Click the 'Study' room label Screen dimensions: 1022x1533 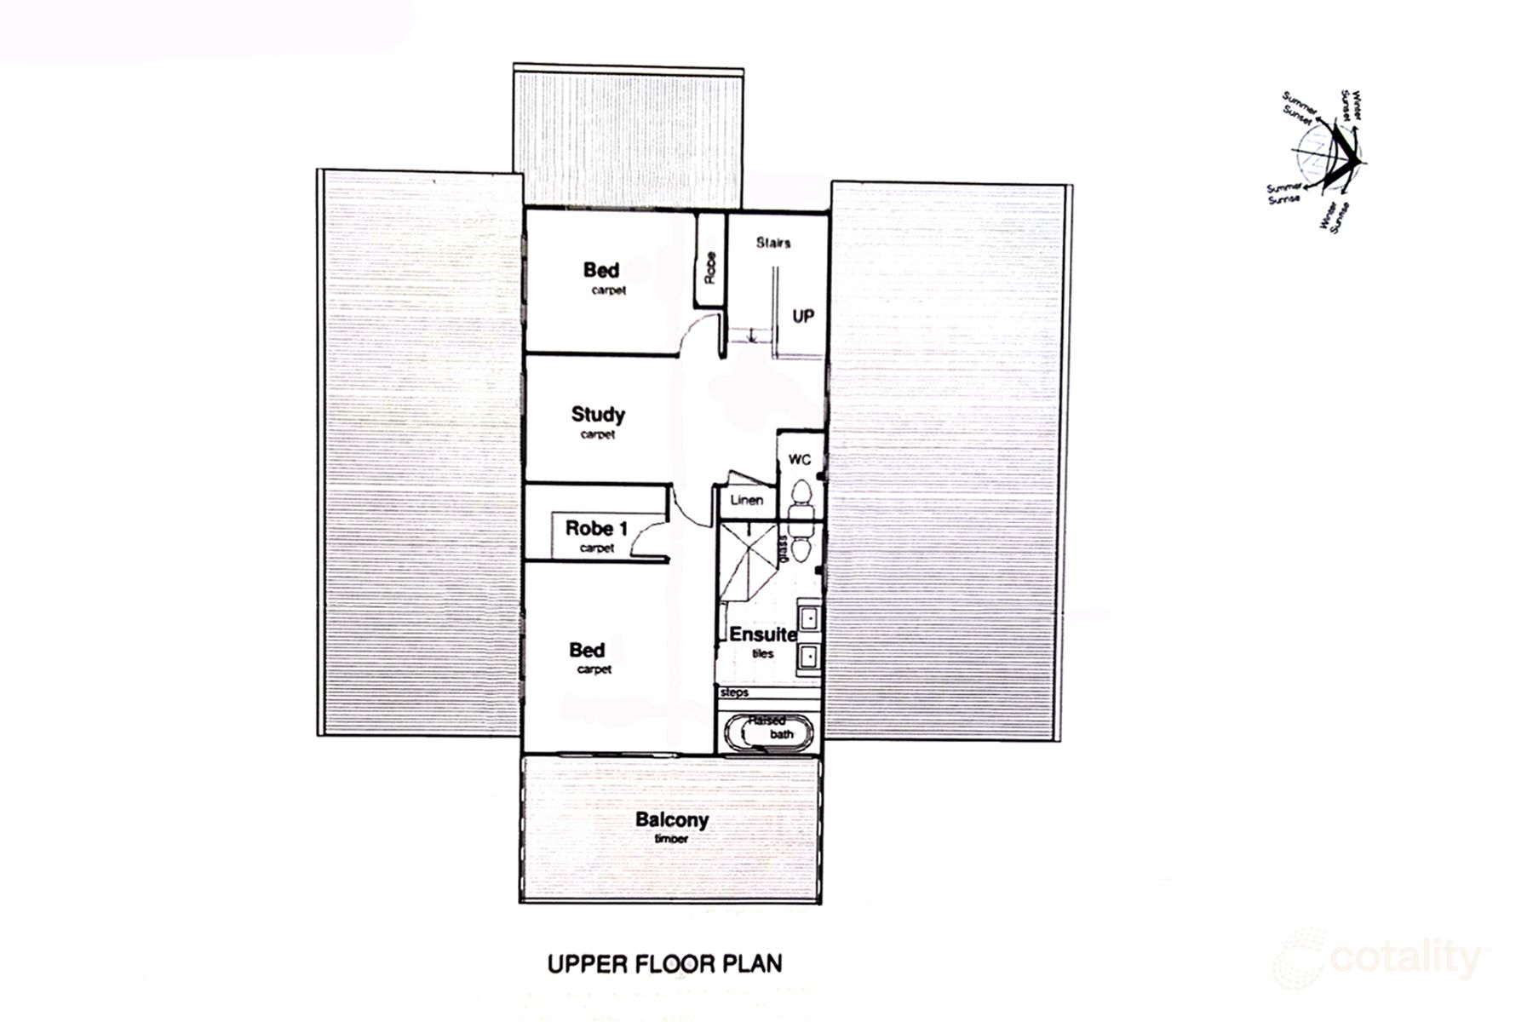[598, 415]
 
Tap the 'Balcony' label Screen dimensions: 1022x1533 [672, 820]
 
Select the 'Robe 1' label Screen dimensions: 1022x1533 [596, 528]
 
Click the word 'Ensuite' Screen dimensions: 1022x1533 [762, 634]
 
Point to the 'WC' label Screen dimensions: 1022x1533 [799, 460]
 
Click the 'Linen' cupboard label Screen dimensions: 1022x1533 [747, 500]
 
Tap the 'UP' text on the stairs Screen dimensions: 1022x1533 [803, 316]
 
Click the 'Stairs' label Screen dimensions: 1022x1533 [773, 243]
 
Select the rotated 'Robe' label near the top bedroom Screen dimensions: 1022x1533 [710, 268]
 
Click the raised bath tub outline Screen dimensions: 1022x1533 [771, 732]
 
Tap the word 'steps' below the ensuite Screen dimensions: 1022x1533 [734, 692]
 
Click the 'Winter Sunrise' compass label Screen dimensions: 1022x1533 [1335, 217]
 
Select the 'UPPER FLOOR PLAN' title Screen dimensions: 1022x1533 [664, 964]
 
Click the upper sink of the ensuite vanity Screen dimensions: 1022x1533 [808, 616]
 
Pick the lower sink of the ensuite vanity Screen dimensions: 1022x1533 [808, 656]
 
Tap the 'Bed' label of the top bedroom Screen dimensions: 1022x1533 [601, 270]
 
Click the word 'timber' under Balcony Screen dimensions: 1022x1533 [671, 839]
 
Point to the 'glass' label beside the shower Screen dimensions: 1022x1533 [782, 548]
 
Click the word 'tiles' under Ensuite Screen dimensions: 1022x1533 [762, 653]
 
